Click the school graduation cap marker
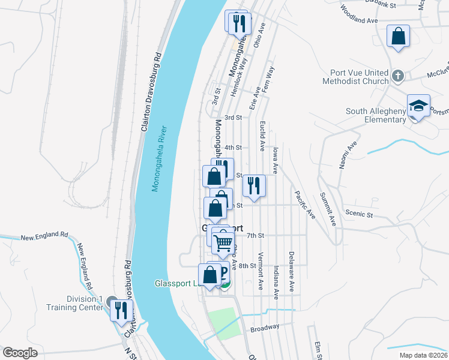[x=419, y=106]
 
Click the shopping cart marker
[x=223, y=241]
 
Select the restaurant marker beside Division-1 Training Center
[x=122, y=310]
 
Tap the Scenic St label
[x=359, y=214]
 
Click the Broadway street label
[x=265, y=328]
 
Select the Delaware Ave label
[x=291, y=271]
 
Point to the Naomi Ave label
[x=348, y=155]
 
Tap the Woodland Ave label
[x=358, y=15]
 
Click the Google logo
[x=20, y=353]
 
